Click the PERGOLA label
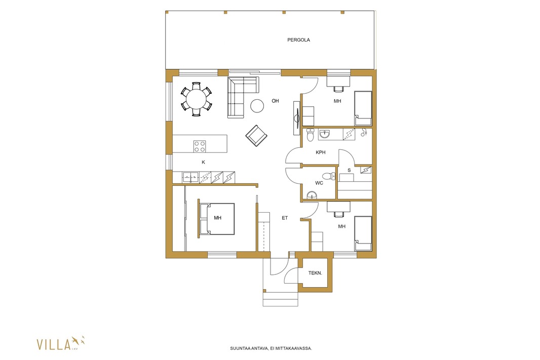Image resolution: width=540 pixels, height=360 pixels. click(298, 40)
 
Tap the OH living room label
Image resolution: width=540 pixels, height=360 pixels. click(275, 101)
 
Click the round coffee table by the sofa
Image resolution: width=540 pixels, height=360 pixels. click(257, 106)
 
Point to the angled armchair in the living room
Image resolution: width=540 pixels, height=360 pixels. click(256, 135)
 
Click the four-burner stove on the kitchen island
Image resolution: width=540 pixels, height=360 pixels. click(200, 146)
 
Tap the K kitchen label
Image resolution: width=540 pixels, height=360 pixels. click(203, 162)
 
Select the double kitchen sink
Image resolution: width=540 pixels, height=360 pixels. click(191, 177)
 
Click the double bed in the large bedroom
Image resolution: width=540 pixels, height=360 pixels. click(217, 219)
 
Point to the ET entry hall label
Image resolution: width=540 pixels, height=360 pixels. click(285, 218)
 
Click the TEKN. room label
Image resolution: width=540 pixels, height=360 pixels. click(315, 273)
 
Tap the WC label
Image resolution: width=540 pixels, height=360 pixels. click(319, 183)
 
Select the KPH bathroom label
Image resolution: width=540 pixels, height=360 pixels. click(321, 152)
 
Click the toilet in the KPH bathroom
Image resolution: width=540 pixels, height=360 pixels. click(311, 135)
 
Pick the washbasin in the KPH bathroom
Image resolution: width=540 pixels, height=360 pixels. click(324, 134)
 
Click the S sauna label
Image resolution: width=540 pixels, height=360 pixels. click(349, 170)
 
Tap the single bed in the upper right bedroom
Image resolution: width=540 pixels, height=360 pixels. click(363, 108)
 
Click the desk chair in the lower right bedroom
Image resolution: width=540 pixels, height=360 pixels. click(339, 214)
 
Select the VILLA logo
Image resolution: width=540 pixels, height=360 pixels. click(61, 343)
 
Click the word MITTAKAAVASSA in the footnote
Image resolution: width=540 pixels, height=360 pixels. click(294, 348)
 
